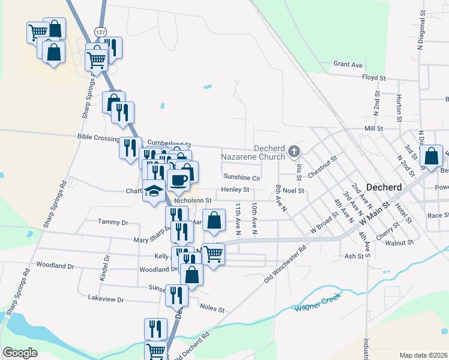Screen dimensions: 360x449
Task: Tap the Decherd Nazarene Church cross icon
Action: pos(294,151)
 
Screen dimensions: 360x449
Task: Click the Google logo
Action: pos(20,352)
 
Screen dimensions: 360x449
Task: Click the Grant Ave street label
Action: pos(348,64)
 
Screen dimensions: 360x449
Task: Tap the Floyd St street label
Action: pos(373,77)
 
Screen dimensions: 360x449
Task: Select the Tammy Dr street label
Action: pos(113,222)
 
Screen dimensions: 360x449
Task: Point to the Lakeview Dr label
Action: pos(106,299)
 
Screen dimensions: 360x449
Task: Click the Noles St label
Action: pos(212,310)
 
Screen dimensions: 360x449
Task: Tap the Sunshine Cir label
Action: pos(241,178)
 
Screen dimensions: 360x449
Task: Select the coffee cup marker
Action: pos(179,179)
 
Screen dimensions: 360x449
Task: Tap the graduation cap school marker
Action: pos(154,191)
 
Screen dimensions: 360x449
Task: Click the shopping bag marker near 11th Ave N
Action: pos(214,221)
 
